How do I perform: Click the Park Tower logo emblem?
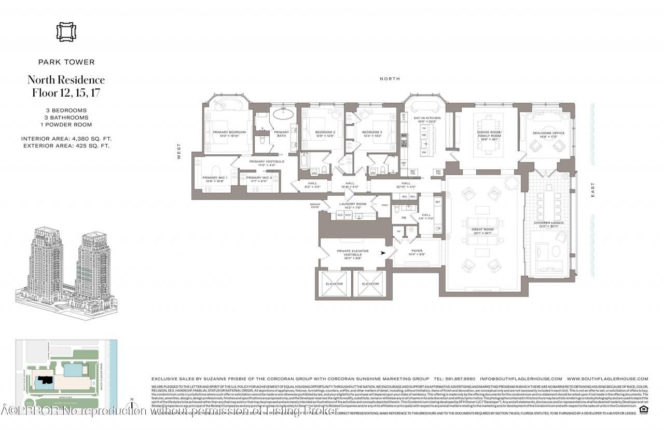click(66, 32)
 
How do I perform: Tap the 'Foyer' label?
click(417, 252)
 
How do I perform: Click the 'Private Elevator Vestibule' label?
click(353, 253)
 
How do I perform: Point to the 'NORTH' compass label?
click(390, 78)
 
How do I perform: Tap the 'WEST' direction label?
click(179, 151)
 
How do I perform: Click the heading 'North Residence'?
click(66, 80)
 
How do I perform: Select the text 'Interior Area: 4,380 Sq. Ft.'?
click(66, 139)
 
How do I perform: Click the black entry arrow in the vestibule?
click(384, 253)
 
